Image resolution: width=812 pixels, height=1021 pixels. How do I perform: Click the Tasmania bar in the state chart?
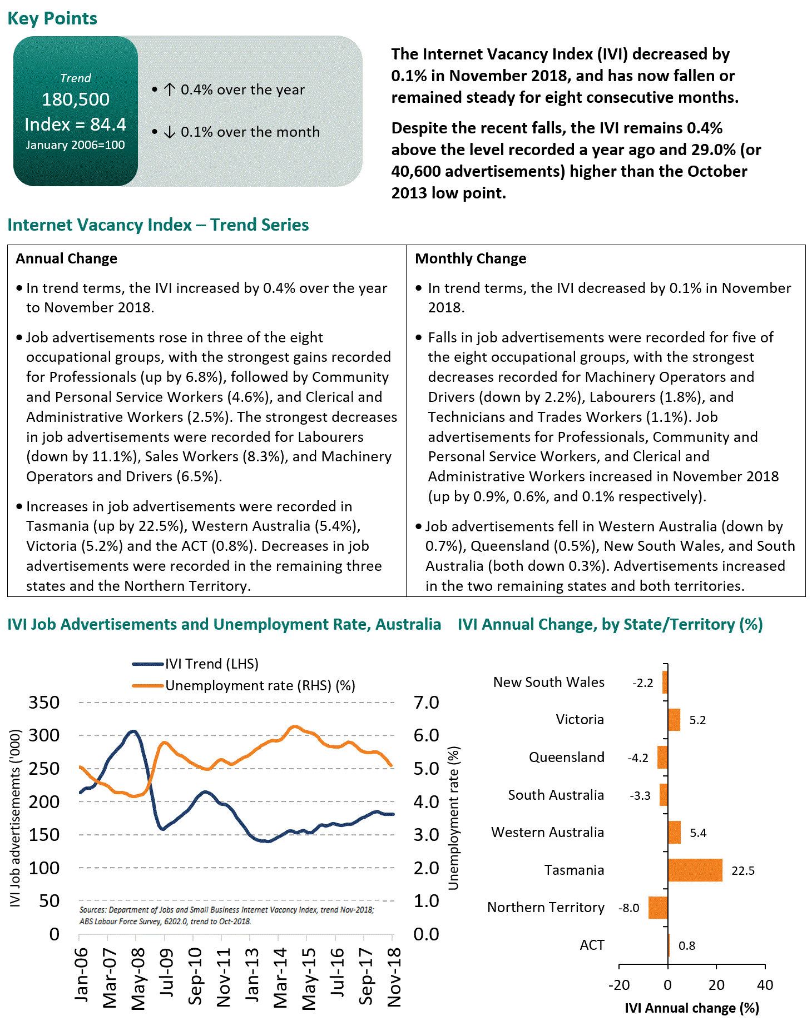pyautogui.click(x=695, y=870)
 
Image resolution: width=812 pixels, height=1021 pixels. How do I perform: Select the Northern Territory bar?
pyautogui.click(x=658, y=907)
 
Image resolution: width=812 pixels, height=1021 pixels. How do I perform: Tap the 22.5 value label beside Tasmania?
pyautogui.click(x=742, y=870)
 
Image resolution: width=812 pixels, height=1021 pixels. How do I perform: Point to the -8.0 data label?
pyautogui.click(x=628, y=908)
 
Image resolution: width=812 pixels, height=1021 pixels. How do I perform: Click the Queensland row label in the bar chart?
pyautogui.click(x=566, y=757)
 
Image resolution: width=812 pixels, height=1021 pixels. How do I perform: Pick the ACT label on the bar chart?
pyautogui.click(x=592, y=945)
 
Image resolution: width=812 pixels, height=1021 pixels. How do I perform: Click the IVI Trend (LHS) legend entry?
pyautogui.click(x=211, y=664)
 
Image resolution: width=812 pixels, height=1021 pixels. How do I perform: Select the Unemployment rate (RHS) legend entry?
pyautogui.click(x=260, y=685)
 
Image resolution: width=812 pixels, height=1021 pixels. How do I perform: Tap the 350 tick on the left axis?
pyautogui.click(x=44, y=702)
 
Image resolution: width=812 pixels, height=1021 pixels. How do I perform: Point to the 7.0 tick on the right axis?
pyautogui.click(x=426, y=702)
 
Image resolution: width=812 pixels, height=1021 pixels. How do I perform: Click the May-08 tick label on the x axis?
pyautogui.click(x=137, y=978)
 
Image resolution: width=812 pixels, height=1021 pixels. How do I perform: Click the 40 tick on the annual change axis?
pyautogui.click(x=765, y=985)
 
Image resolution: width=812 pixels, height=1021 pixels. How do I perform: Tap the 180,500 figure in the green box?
pyautogui.click(x=76, y=99)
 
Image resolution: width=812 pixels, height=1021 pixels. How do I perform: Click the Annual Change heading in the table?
pyautogui.click(x=66, y=258)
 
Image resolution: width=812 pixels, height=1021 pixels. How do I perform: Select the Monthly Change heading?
pyautogui.click(x=471, y=258)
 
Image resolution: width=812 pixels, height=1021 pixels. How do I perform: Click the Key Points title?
pyautogui.click(x=52, y=18)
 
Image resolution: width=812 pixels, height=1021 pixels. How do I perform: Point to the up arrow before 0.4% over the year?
pyautogui.click(x=170, y=89)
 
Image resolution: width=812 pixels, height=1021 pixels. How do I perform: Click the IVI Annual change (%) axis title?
pyautogui.click(x=692, y=1008)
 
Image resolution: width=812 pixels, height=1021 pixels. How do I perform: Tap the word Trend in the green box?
pyautogui.click(x=76, y=78)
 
